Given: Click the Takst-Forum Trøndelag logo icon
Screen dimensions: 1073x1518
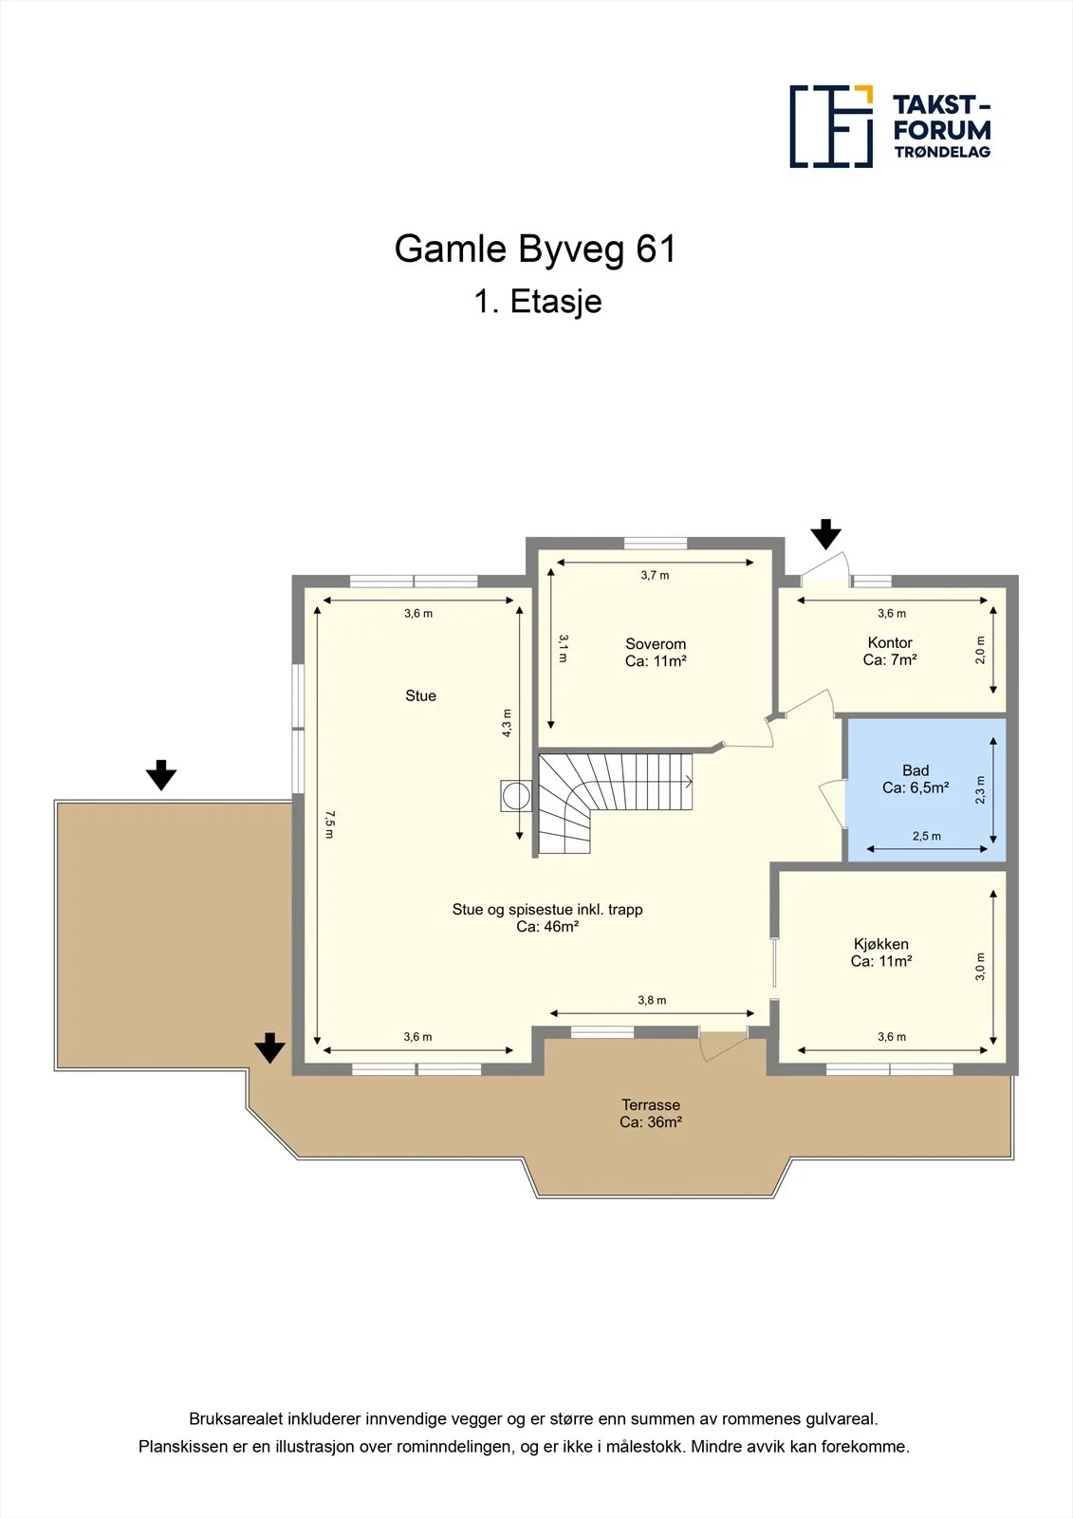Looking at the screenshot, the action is (x=831, y=127).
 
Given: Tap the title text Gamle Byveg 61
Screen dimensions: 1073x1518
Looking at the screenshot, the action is (x=535, y=249).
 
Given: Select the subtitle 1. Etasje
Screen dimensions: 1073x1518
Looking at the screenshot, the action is (x=538, y=302).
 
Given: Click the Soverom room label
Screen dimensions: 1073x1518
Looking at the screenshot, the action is (x=656, y=644).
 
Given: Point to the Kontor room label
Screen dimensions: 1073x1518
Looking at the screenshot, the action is (x=890, y=642).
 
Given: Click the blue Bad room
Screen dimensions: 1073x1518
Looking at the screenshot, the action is (x=926, y=789).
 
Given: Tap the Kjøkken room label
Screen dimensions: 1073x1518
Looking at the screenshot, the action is (x=881, y=944).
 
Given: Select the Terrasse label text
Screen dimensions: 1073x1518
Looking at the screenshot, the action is (x=651, y=1104).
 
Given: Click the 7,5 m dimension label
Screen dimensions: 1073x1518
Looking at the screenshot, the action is (x=329, y=824).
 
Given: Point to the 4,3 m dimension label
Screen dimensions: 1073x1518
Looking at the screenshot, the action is (x=507, y=723).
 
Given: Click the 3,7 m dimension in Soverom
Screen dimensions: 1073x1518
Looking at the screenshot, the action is (x=655, y=575).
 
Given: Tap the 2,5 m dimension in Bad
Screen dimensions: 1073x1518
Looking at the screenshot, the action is (x=927, y=836).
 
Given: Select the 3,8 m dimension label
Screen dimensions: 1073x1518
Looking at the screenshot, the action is (x=652, y=1000).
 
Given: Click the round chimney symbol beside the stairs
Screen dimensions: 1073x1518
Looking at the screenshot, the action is (x=516, y=796).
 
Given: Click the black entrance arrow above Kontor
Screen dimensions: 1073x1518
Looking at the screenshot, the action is (x=825, y=534).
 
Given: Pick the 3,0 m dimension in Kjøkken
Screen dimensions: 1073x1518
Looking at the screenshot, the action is (x=980, y=967).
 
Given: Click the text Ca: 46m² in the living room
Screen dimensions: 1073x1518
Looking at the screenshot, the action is (x=547, y=926).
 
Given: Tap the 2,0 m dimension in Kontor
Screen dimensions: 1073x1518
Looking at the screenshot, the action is (x=980, y=650).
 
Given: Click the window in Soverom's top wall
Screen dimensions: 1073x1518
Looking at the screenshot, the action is (x=656, y=543).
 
